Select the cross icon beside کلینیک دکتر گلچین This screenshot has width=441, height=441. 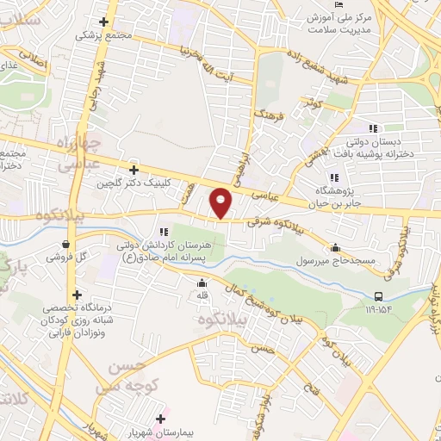[133, 170]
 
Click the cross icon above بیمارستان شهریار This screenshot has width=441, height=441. [159, 419]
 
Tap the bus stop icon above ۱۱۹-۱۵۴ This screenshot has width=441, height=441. [379, 295]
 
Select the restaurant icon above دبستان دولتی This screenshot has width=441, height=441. [374, 128]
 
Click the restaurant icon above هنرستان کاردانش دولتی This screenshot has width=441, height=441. [162, 229]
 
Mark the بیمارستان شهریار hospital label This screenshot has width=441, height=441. [160, 433]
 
